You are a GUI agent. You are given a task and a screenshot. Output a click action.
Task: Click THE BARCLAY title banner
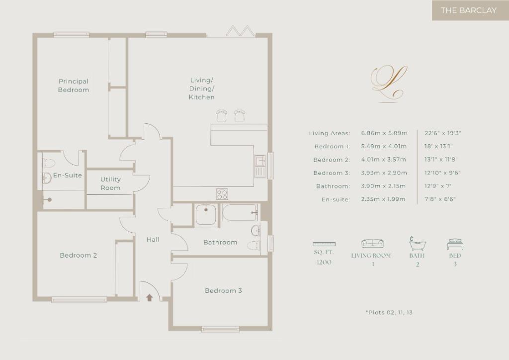tap(470, 10)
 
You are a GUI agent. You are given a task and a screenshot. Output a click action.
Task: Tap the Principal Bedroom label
tap(74, 86)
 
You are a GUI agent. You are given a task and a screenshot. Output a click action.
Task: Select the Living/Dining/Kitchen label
tap(202, 89)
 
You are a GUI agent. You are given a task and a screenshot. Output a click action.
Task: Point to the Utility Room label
tap(110, 183)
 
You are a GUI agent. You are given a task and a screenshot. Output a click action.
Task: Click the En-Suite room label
tap(68, 176)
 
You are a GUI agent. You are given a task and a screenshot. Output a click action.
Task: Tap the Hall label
tap(153, 240)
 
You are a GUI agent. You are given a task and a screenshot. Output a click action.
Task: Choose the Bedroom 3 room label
tap(223, 290)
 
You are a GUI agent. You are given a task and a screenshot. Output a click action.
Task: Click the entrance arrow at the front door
tap(149, 297)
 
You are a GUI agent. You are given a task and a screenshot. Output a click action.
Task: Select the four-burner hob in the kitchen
tap(222, 194)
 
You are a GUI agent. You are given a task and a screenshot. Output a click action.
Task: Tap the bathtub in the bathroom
tap(240, 212)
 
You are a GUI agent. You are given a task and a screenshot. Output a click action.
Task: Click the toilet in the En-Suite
tap(49, 163)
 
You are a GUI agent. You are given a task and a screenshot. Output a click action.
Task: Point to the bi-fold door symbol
tap(240, 30)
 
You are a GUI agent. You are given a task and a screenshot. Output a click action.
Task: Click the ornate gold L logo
tap(389, 83)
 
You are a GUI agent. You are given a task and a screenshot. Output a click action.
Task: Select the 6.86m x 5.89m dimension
tap(384, 133)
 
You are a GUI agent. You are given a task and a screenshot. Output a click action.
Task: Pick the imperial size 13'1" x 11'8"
tap(441, 160)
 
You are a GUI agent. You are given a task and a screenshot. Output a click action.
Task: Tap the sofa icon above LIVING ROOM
tap(373, 244)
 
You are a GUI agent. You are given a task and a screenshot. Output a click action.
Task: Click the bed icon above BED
tap(455, 244)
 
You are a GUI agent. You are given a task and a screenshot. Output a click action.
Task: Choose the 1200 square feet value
tap(324, 262)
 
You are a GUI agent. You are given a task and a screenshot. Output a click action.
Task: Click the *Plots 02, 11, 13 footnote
tap(389, 312)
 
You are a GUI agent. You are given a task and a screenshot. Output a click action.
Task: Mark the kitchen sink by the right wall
tap(260, 166)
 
